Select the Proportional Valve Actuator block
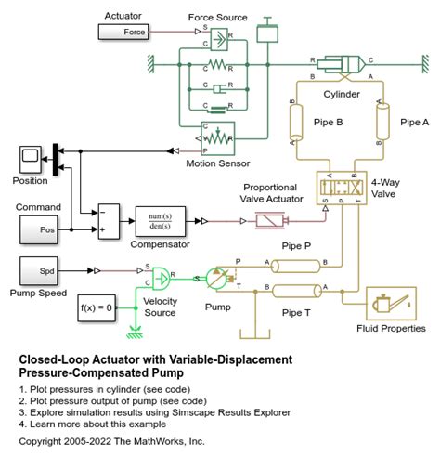pyautogui.click(x=269, y=221)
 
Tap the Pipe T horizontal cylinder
pyautogui.click(x=296, y=291)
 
